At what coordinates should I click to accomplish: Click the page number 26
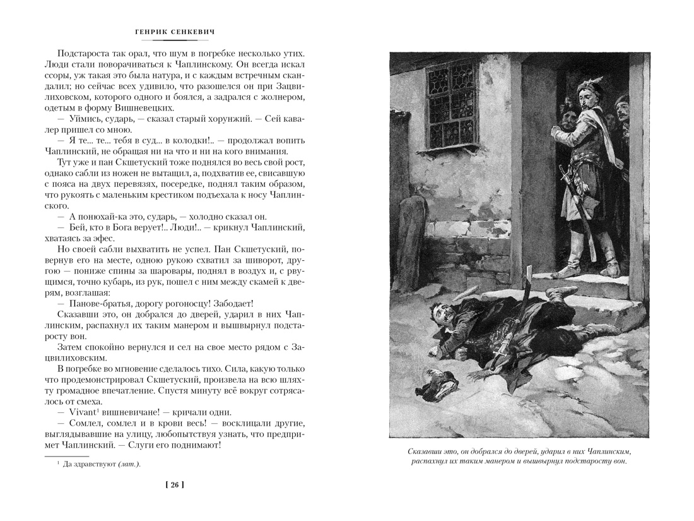click(173, 485)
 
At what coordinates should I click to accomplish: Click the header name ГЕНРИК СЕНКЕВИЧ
click(174, 30)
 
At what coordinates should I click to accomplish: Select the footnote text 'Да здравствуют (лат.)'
click(97, 464)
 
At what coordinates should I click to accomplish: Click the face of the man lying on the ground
click(439, 313)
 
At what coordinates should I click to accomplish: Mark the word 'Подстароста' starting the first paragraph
click(86, 54)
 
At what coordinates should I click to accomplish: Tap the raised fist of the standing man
click(556, 131)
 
